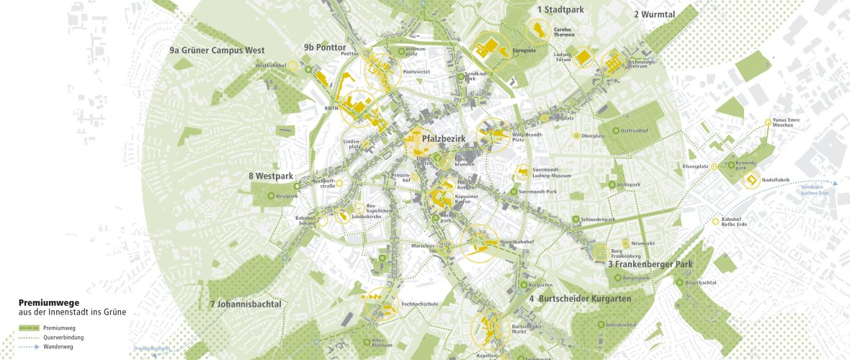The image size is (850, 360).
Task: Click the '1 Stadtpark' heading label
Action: point(560,10)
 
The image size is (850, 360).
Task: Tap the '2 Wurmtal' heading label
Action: point(656,14)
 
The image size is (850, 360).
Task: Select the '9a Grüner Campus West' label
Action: point(217,50)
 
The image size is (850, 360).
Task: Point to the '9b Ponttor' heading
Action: point(325,48)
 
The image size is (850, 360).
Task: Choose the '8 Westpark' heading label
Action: point(272,176)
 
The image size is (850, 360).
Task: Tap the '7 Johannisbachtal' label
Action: point(245,304)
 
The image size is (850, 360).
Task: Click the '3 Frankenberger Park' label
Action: point(650,264)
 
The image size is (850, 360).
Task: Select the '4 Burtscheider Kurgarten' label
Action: point(580,298)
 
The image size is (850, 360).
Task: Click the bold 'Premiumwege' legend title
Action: point(49,302)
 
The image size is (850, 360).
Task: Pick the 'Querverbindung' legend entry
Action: point(68,337)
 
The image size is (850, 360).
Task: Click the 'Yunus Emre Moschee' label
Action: point(782,122)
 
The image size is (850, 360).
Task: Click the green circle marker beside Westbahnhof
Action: point(308,70)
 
